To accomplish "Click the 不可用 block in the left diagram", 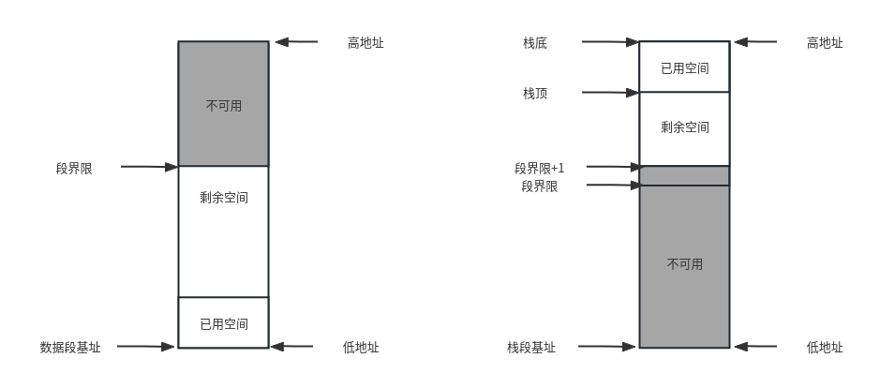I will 223,104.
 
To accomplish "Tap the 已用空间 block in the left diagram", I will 223,323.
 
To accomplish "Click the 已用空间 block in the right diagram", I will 684,67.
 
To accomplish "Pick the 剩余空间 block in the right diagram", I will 684,127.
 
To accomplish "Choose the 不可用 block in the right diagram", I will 684,265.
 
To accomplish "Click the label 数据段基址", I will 70,347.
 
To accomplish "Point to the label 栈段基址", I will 531,347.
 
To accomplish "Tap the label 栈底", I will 535,42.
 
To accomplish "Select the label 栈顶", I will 535,93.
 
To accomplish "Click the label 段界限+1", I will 539,168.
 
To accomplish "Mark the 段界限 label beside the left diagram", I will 74,168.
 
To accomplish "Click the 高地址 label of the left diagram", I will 365,42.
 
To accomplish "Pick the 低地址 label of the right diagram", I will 825,347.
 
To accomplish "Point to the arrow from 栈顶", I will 609,93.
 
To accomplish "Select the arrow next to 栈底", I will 609,42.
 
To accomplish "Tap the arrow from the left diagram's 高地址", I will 295,42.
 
